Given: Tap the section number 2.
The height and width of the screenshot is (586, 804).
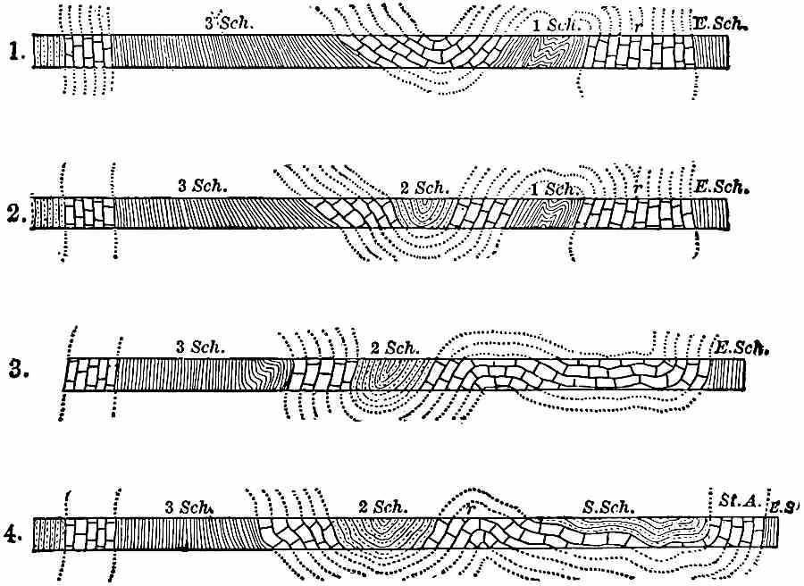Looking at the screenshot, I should [x=13, y=216].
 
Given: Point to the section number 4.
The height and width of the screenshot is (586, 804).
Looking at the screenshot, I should [x=13, y=535].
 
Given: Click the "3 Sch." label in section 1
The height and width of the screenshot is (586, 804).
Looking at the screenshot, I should [x=230, y=25].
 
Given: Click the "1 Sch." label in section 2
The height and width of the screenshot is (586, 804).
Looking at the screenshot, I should [x=552, y=188].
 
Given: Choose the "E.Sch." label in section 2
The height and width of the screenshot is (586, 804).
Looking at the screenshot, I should [x=721, y=188].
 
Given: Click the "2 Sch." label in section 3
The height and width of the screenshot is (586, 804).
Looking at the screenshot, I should [x=388, y=347].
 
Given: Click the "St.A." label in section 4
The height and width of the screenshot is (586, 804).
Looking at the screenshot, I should [x=739, y=503].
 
